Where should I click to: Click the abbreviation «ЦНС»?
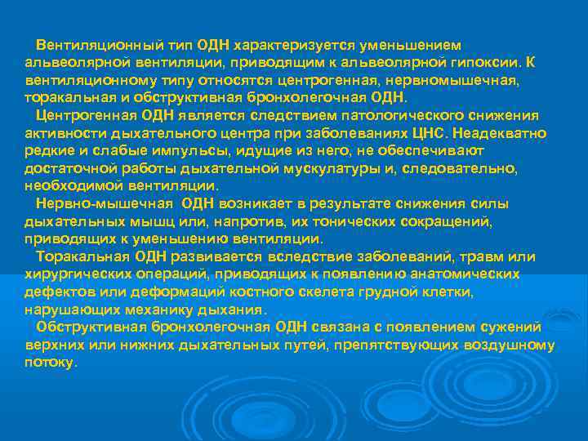point(430,133)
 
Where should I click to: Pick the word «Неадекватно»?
point(501,133)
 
